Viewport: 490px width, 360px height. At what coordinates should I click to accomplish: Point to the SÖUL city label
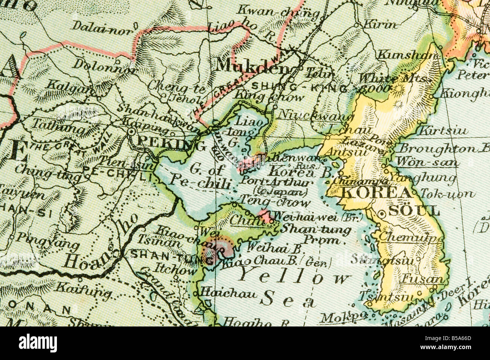413,211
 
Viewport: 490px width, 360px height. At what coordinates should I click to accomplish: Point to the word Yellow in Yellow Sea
294,276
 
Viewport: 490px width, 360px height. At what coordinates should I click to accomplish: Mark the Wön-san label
427,162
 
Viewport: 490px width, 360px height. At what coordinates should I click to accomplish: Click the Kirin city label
380,24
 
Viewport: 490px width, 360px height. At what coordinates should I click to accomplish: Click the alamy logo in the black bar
38,343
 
